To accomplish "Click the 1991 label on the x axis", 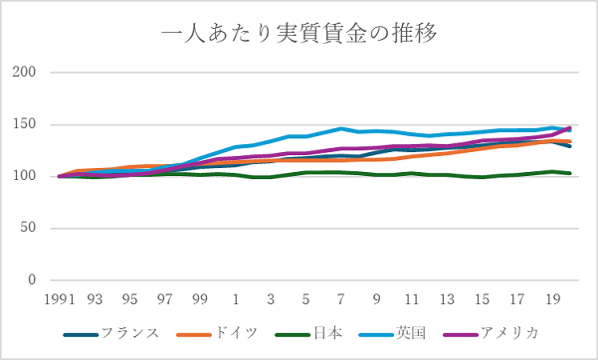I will (59, 298).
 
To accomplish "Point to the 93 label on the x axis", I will (95, 298).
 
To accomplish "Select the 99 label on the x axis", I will (200, 298).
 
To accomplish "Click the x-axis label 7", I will (341, 298).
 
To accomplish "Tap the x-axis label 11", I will (412, 298).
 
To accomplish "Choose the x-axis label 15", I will (483, 298).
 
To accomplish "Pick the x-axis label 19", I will (552, 298).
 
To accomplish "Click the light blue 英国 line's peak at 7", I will (341, 128).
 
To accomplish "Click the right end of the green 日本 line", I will (569, 173).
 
